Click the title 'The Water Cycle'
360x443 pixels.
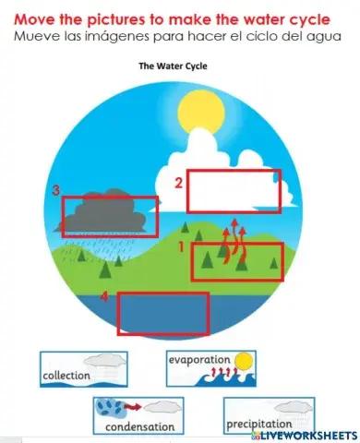173,66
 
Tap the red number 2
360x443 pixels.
179,183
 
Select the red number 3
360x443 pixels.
56,191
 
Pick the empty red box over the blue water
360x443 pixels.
162,314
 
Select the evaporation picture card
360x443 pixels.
211,367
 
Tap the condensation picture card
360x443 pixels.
138,415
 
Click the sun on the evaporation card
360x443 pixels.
243,361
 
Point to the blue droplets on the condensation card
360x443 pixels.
110,407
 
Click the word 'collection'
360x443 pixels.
66,376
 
